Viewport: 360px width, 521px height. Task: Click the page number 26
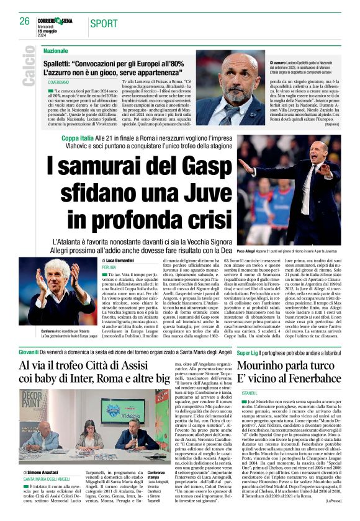point(25,21)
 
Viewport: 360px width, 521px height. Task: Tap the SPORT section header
point(104,24)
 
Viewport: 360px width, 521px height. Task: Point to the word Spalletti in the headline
point(63,63)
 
